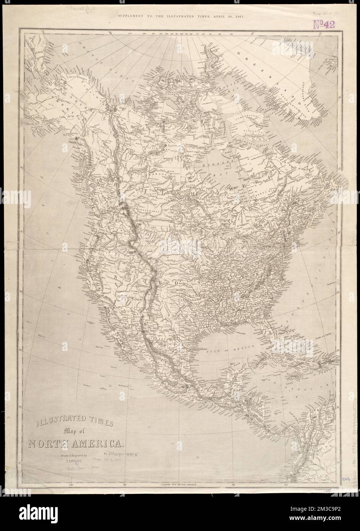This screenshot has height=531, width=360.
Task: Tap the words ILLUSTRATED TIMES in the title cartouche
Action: tap(75, 423)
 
